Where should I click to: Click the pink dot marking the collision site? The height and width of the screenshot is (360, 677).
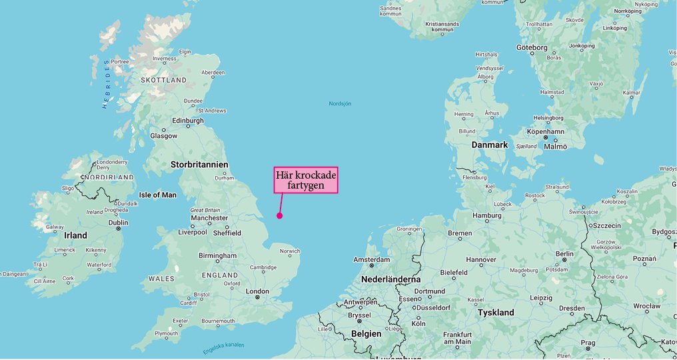(x=279, y=215)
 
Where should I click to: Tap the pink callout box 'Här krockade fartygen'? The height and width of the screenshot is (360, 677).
(x=306, y=180)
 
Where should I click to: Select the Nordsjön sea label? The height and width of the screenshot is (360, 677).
(x=340, y=103)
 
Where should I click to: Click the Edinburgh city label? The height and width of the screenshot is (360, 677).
(x=187, y=121)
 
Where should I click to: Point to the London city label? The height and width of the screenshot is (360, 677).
(x=257, y=291)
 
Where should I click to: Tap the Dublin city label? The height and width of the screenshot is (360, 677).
(x=118, y=223)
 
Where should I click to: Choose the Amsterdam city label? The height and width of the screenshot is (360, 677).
(x=371, y=259)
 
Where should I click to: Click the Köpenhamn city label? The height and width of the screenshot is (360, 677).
(x=545, y=131)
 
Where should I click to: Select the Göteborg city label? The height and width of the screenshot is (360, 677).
(x=532, y=47)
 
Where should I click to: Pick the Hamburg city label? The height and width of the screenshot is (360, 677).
(x=486, y=215)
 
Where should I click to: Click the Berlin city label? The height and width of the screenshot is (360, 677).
(x=564, y=254)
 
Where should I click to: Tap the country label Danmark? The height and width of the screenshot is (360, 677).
(x=490, y=145)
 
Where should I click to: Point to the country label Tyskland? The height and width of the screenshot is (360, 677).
(x=496, y=312)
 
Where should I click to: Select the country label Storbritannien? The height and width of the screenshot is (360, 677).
(x=199, y=164)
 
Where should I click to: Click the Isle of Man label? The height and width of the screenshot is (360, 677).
(x=158, y=195)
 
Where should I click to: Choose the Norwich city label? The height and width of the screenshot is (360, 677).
(x=290, y=251)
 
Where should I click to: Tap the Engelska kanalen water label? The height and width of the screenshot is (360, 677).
(x=224, y=348)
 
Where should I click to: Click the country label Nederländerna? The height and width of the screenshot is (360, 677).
(x=390, y=279)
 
